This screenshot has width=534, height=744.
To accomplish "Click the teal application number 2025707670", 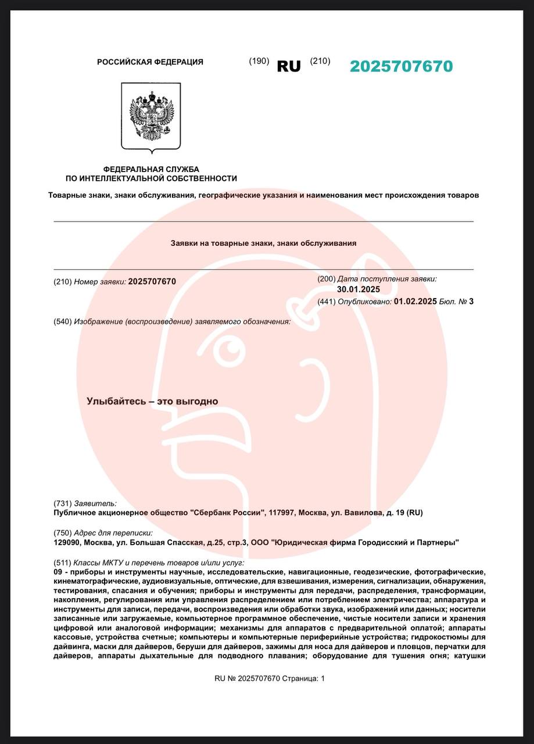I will (x=401, y=66).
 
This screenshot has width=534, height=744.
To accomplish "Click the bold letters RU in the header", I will (x=289, y=67).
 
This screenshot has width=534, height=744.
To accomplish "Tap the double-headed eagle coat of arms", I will (x=151, y=117).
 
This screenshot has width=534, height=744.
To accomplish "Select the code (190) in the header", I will (x=259, y=61).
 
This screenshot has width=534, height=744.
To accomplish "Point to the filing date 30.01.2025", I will (x=359, y=289).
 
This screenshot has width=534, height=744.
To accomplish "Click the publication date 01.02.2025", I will (x=415, y=301).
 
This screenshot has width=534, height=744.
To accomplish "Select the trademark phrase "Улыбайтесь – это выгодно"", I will (x=152, y=401).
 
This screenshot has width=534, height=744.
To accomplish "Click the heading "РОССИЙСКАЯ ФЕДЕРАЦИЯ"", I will (x=150, y=62).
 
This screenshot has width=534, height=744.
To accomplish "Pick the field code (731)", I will (x=62, y=503).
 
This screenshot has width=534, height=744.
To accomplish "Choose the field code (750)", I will (x=62, y=533).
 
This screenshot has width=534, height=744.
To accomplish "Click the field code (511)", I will (x=62, y=563).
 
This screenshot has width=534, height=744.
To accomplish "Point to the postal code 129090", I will (x=66, y=543).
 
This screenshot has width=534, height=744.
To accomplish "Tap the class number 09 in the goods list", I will (x=58, y=573).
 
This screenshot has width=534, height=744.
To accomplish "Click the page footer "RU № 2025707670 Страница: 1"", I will (x=270, y=678).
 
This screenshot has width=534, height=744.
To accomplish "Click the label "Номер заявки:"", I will (x=100, y=282).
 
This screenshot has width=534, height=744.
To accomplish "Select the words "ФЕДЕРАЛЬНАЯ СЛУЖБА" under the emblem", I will (x=151, y=169).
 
